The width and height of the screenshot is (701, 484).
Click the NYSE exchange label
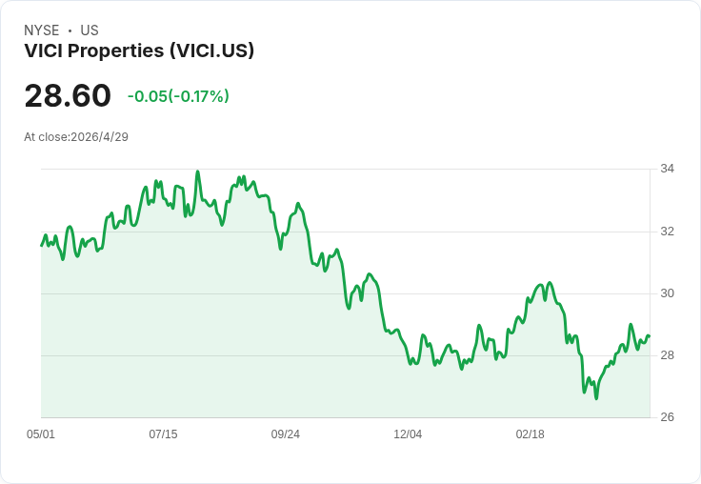[x=41, y=30]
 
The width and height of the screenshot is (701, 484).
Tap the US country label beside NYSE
[x=90, y=30]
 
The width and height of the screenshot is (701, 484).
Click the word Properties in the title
[x=116, y=51]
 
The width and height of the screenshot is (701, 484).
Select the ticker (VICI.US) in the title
[x=211, y=50]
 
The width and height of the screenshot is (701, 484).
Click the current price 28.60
[x=68, y=95]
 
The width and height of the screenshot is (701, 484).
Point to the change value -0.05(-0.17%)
[x=178, y=96]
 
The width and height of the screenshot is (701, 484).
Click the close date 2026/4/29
[x=100, y=137]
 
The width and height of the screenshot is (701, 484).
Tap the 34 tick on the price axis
[x=667, y=169]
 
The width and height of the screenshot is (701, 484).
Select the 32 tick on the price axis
[x=667, y=232]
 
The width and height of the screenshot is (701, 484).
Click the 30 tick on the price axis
[x=667, y=293]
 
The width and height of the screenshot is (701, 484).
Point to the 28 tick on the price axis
[x=667, y=355]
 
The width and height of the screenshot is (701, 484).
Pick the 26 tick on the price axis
[x=667, y=417]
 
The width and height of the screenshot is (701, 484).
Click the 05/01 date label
[x=41, y=434]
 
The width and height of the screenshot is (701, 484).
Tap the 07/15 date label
[x=163, y=434]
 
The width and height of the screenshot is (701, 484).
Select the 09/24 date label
[x=285, y=434]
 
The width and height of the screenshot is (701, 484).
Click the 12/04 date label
[x=408, y=434]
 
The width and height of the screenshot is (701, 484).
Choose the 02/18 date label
[x=531, y=434]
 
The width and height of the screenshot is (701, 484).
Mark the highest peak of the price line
[x=197, y=171]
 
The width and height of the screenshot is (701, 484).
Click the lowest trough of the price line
[x=596, y=398]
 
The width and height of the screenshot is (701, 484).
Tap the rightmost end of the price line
[x=650, y=335]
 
